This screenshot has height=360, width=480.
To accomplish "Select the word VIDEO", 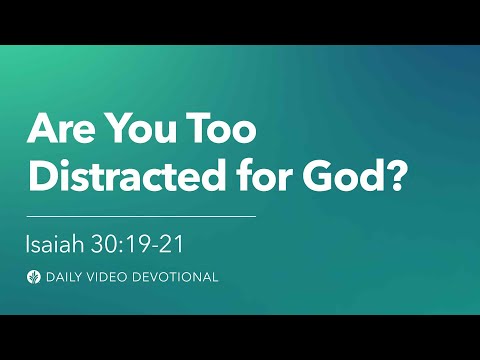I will [x=110, y=277].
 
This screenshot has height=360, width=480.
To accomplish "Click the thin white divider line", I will [x=140, y=214].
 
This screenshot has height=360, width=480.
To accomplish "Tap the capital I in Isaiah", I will [x=29, y=242].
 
